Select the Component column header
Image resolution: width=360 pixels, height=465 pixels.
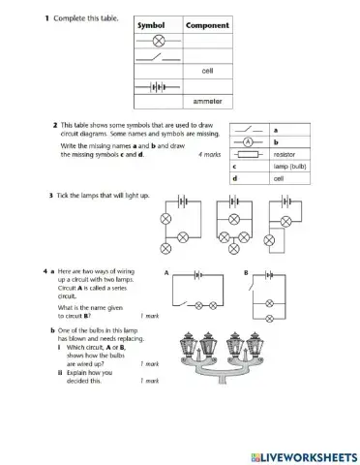click(x=206, y=25)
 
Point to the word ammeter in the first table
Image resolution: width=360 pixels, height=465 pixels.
click(x=207, y=101)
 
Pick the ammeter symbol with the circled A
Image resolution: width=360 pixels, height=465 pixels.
click(x=249, y=141)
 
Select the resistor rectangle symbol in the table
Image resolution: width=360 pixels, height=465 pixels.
click(x=249, y=154)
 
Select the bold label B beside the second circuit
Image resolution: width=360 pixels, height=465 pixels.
click(x=245, y=274)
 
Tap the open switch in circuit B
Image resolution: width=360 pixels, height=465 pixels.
click(x=254, y=287)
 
